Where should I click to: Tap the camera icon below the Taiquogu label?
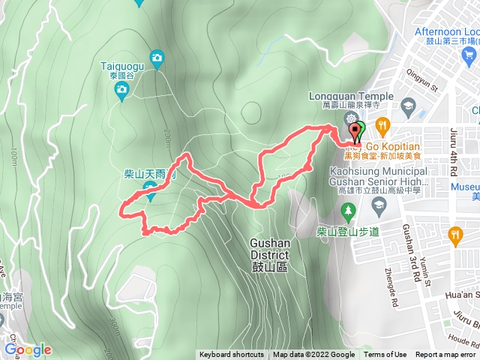pos(121,91)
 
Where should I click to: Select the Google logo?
pos(28,349)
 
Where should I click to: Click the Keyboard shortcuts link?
pos(232,355)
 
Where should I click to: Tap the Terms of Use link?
pos(385,355)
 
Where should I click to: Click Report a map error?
pos(445,355)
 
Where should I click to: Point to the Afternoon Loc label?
pos(447,32)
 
